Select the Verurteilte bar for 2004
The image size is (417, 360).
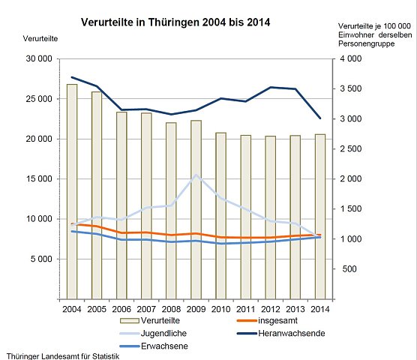click(x=72, y=191)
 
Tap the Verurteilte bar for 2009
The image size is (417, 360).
click(x=196, y=209)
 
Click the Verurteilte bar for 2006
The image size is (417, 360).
click(x=121, y=205)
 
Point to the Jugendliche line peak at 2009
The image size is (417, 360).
click(x=196, y=175)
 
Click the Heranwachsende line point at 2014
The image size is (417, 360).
click(x=320, y=118)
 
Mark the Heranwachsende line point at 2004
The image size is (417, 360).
click(x=72, y=77)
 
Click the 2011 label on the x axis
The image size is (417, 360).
click(x=245, y=308)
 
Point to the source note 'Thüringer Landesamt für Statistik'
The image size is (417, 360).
click(x=61, y=355)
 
